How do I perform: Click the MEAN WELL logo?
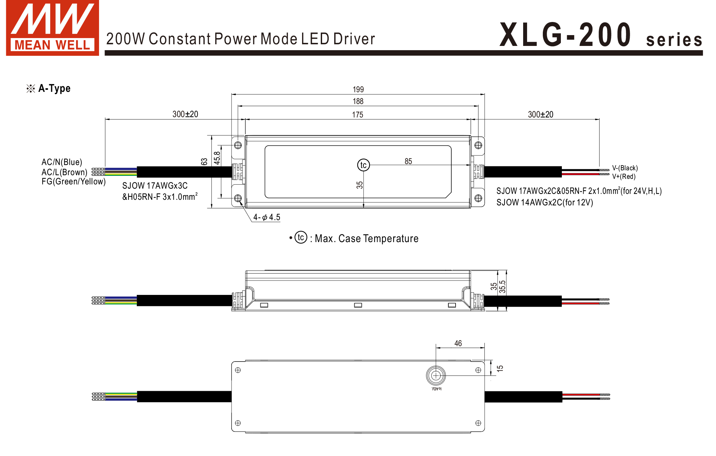pos(52,28)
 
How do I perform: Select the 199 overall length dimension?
pos(358,90)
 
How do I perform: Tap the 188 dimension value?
pos(358,101)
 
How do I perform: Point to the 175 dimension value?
pos(358,115)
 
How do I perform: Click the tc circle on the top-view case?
pos(363,165)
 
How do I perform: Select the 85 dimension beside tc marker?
pos(408,161)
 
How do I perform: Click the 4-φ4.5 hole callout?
pos(267,217)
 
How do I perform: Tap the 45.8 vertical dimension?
pos(217,158)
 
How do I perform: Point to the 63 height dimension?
pos(204,162)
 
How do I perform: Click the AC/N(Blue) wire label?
pos(62,162)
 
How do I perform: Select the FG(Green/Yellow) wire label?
pos(73,181)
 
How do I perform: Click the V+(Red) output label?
pos(624,176)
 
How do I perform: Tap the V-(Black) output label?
pos(625,168)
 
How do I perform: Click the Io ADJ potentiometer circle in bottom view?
pos(436,376)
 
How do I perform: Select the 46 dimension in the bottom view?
pos(458,343)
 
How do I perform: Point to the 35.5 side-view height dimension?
pos(502,287)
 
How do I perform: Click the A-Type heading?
pos(54,88)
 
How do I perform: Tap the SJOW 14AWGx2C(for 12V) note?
pos(544,202)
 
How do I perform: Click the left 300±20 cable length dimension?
pos(185,114)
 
